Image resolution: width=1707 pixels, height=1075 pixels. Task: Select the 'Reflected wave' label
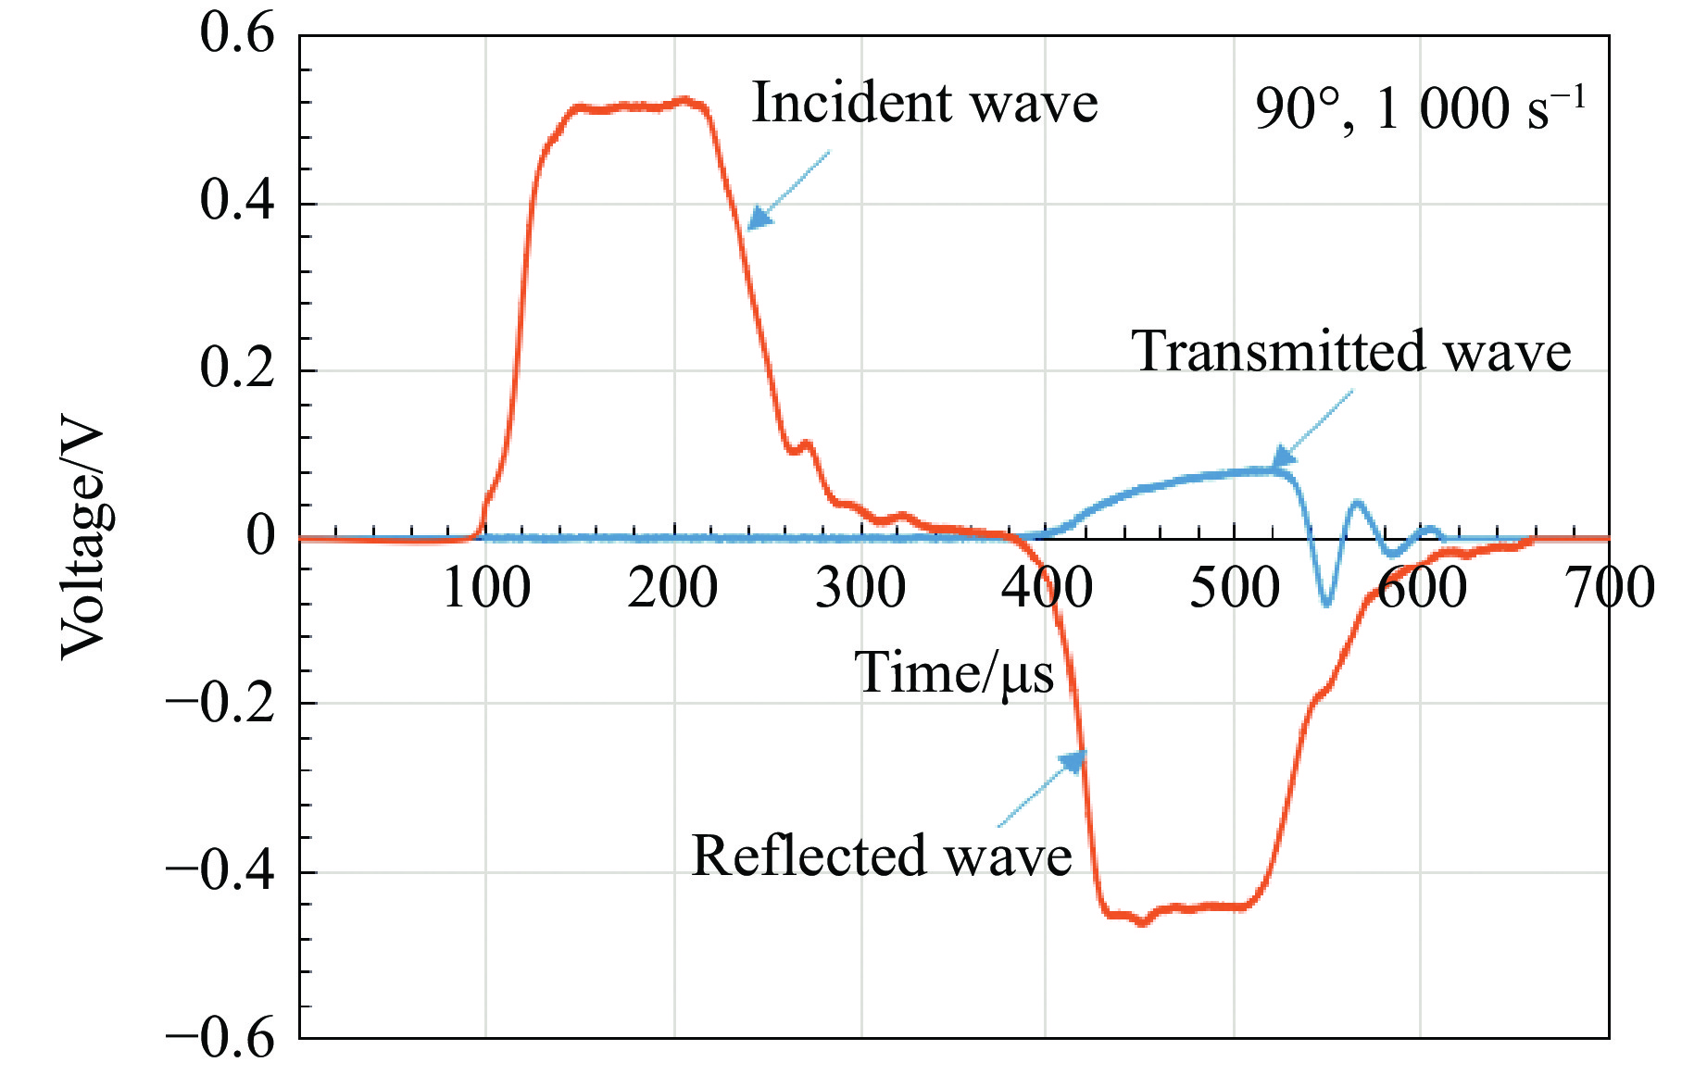click(881, 855)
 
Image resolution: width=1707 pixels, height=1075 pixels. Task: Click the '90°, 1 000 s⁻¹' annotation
click(1420, 109)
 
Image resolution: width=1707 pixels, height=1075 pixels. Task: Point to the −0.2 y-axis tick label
click(220, 703)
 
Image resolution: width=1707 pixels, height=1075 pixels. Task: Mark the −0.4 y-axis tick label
click(220, 870)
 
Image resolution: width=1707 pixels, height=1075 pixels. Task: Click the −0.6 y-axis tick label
click(220, 1038)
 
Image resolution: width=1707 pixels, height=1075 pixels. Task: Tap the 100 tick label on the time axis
click(486, 588)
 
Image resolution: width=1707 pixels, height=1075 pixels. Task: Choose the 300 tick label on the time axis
click(860, 588)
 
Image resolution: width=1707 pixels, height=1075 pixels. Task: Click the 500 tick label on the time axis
click(1234, 588)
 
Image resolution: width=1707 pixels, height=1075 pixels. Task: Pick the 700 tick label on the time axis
click(1610, 588)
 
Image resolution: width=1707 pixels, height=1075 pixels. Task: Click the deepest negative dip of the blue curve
click(1326, 604)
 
